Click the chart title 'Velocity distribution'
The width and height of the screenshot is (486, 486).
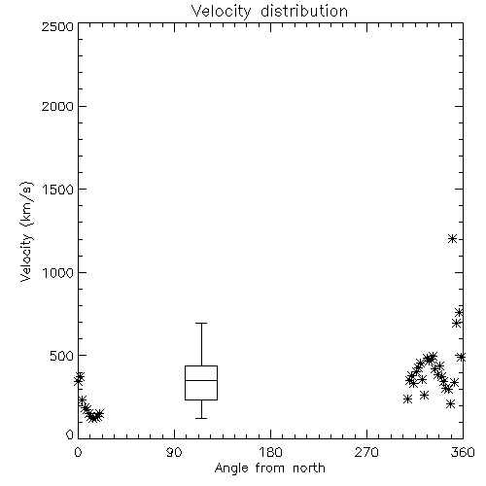(269, 11)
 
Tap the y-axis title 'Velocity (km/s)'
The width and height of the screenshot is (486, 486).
(26, 231)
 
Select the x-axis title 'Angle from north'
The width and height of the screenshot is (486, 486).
(269, 468)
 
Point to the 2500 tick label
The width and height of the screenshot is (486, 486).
(57, 26)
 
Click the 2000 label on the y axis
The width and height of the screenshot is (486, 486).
(57, 107)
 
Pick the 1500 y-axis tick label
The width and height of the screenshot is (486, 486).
(58, 190)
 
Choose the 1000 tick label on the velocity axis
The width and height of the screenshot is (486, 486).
(58, 273)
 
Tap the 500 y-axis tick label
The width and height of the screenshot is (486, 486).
(62, 356)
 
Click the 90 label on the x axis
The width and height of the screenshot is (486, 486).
(174, 452)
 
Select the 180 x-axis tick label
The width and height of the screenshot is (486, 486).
(270, 452)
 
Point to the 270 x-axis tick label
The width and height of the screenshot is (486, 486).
(366, 452)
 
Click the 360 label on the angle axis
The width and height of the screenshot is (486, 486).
(463, 452)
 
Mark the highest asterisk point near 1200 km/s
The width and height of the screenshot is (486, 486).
(452, 239)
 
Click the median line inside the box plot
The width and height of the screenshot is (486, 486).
(201, 380)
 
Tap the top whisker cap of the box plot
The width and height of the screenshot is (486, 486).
(201, 323)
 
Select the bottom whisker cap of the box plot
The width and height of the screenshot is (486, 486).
(201, 418)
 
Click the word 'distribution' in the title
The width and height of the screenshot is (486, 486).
(304, 11)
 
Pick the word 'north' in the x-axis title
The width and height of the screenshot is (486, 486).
(309, 468)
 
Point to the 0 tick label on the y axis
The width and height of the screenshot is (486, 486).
(70, 434)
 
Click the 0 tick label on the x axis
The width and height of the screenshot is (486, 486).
(78, 452)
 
